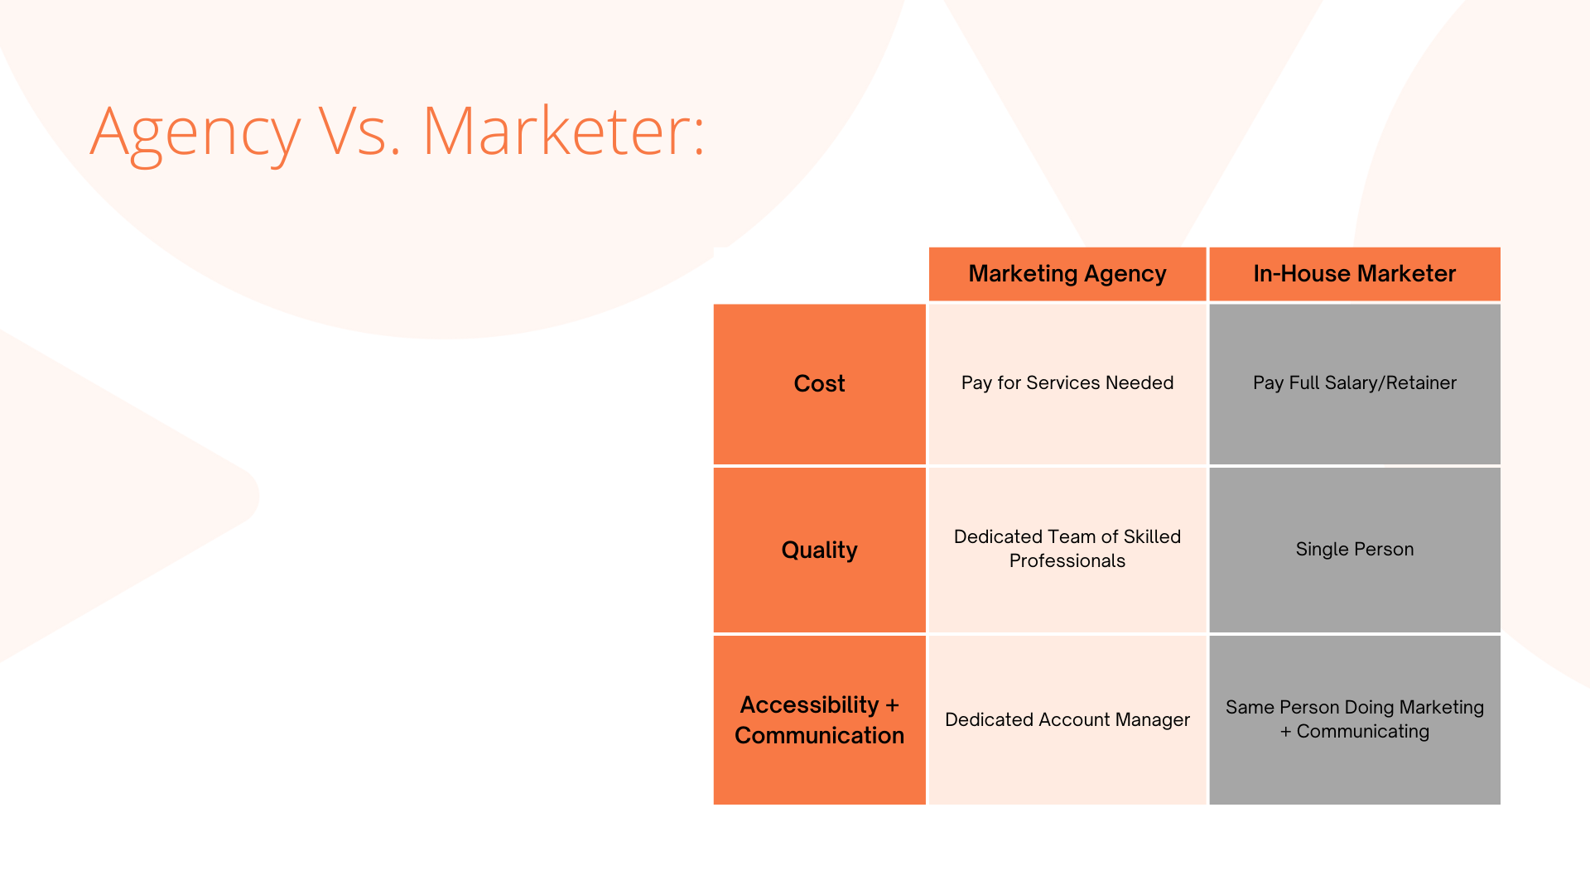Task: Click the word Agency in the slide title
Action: [195, 132]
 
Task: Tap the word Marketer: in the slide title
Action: [563, 130]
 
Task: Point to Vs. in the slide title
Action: [360, 130]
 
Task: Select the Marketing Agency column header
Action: [1067, 274]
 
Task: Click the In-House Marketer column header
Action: [1355, 274]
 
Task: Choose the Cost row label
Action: [820, 384]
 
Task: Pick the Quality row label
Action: [820, 550]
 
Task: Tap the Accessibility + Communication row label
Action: [820, 720]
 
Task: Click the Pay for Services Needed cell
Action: [1067, 384]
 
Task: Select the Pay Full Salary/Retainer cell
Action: [1355, 384]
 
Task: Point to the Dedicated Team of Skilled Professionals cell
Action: [1067, 550]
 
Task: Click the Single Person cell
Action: [1355, 550]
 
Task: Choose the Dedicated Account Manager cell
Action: [1067, 720]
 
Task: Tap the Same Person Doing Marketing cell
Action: [1355, 720]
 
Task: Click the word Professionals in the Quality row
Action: [1067, 561]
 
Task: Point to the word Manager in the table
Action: [1152, 721]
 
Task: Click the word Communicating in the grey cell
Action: [1363, 733]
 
